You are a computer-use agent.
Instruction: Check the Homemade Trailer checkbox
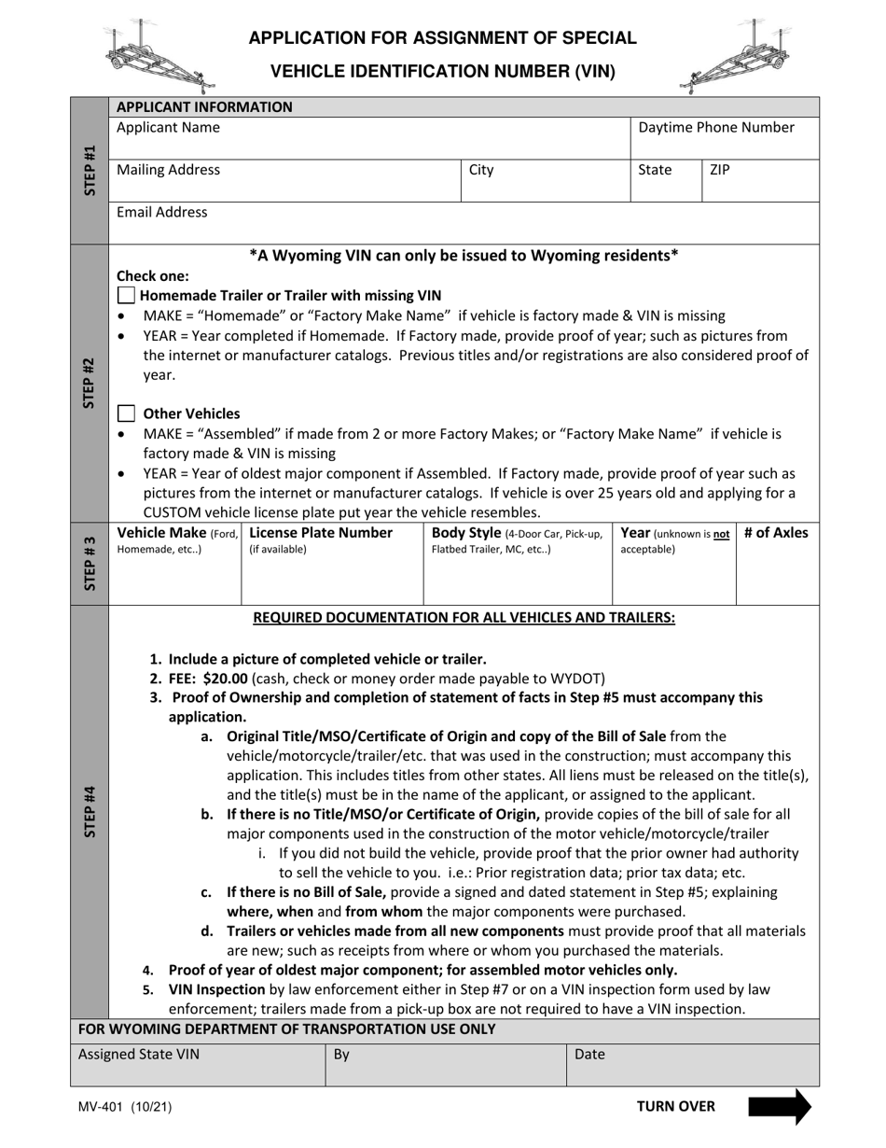pyautogui.click(x=126, y=296)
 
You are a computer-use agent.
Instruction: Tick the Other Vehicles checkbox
pyautogui.click(x=126, y=413)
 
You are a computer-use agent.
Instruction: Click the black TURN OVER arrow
pyautogui.click(x=779, y=1107)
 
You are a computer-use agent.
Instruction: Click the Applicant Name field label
pyautogui.click(x=168, y=127)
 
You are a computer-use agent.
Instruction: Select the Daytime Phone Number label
pyautogui.click(x=716, y=127)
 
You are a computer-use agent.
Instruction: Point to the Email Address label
pyautogui.click(x=162, y=213)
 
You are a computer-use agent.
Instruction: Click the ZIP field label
pyautogui.click(x=720, y=170)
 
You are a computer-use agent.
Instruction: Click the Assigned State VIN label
pyautogui.click(x=138, y=1055)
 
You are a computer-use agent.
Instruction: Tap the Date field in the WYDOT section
pyautogui.click(x=589, y=1055)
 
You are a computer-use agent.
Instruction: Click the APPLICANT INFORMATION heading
pyautogui.click(x=204, y=106)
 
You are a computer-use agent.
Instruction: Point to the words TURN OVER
pyautogui.click(x=676, y=1107)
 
